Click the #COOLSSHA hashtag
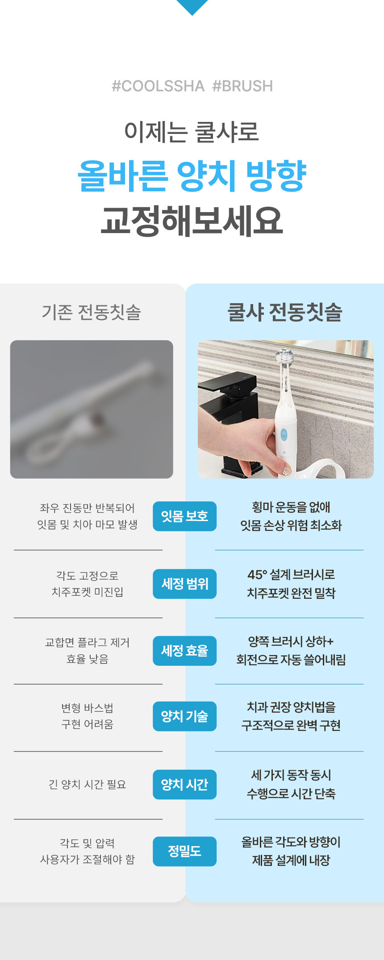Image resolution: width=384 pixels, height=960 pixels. click(x=158, y=86)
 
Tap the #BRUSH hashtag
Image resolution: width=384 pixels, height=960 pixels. click(x=242, y=86)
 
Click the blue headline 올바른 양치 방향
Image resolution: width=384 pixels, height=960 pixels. click(x=192, y=175)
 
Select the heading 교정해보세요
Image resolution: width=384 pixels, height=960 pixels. click(x=192, y=221)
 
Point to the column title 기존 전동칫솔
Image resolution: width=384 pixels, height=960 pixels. click(x=92, y=312)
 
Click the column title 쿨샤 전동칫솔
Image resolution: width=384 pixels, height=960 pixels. click(x=285, y=312)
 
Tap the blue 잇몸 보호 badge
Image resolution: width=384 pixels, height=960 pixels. click(x=185, y=516)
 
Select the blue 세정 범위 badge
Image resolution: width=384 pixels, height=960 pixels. click(x=185, y=584)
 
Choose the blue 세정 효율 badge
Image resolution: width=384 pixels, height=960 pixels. click(x=185, y=651)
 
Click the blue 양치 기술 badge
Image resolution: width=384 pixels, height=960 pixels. click(x=185, y=716)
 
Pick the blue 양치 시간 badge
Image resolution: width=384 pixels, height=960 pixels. click(x=185, y=785)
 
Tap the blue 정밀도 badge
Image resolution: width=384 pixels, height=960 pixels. click(x=185, y=851)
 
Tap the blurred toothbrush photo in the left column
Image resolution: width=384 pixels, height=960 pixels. click(x=92, y=409)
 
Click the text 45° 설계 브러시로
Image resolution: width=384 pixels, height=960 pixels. click(x=291, y=574)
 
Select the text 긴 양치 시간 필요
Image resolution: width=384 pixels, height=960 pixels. click(x=88, y=784)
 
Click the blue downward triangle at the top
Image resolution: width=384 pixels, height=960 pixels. click(x=192, y=7)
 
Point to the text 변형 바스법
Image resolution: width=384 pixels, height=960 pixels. click(x=88, y=708)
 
